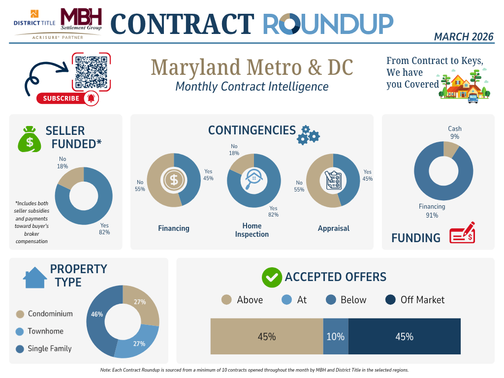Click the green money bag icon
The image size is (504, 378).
coord(30,139)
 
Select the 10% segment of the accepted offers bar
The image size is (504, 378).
coord(336,337)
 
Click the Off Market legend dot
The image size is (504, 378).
coord(390,300)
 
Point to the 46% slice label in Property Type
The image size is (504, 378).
coord(96,314)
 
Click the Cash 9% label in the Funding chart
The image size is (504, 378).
coord(454,132)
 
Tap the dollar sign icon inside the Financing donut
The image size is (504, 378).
coord(174,180)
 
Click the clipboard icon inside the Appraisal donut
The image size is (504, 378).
coord(334,180)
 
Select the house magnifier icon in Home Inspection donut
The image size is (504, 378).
coord(254,181)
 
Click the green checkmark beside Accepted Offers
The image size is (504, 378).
coord(271,278)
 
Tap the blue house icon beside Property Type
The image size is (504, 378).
coord(35,277)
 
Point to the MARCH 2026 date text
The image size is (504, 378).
coord(464,36)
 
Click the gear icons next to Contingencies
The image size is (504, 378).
coord(309,134)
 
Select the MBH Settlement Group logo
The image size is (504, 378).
coord(81,20)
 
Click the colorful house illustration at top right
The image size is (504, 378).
coord(466,88)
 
